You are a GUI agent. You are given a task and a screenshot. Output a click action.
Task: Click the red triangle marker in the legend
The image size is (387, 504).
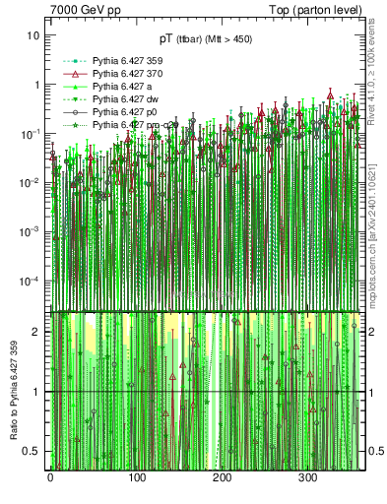click(x=71, y=75)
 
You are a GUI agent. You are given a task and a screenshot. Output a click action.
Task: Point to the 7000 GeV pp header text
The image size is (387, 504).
click(x=82, y=9)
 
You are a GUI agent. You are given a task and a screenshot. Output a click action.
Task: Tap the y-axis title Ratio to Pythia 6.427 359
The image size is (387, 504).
click(x=14, y=388)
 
